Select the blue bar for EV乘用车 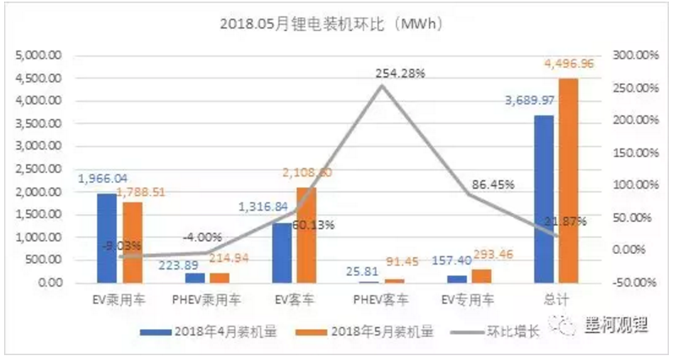[106, 238]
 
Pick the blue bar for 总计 [543, 199]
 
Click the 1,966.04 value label [101, 178]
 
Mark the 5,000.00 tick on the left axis [38, 56]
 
